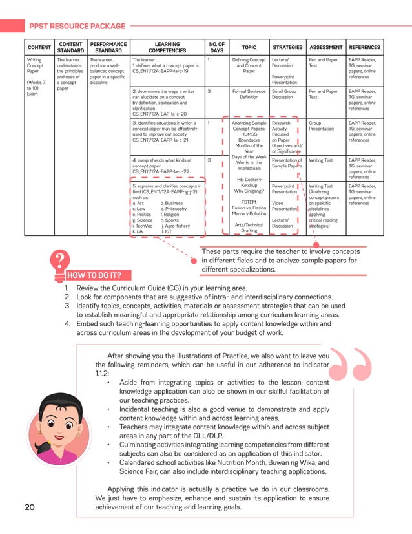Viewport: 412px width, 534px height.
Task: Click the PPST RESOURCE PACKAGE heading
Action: [77, 26]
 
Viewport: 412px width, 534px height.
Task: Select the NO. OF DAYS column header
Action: [216, 47]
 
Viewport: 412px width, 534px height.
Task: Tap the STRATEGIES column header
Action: [287, 47]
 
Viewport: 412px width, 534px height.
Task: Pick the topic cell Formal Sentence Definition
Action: [249, 94]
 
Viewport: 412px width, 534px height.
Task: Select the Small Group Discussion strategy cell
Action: [284, 94]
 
